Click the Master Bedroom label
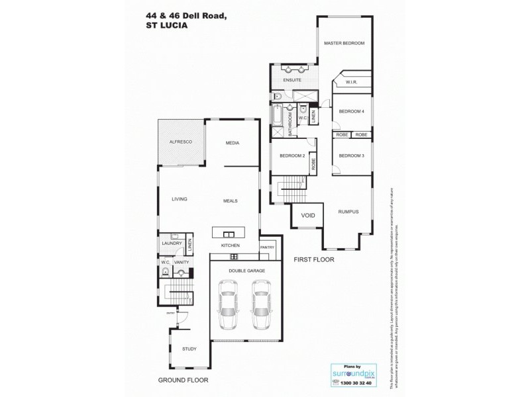(x=344, y=43)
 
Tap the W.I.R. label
(x=351, y=83)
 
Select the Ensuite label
(x=292, y=80)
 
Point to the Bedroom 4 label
(x=352, y=111)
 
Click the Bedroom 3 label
(x=352, y=155)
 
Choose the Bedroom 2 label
(x=291, y=155)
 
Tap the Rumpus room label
(x=348, y=212)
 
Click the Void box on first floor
(x=308, y=215)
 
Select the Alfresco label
(x=180, y=142)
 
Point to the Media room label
(x=232, y=143)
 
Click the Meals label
(x=230, y=200)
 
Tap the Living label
(x=180, y=198)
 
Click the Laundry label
(x=172, y=244)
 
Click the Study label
(x=189, y=349)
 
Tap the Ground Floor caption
(x=183, y=380)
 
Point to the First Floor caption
(x=313, y=260)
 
